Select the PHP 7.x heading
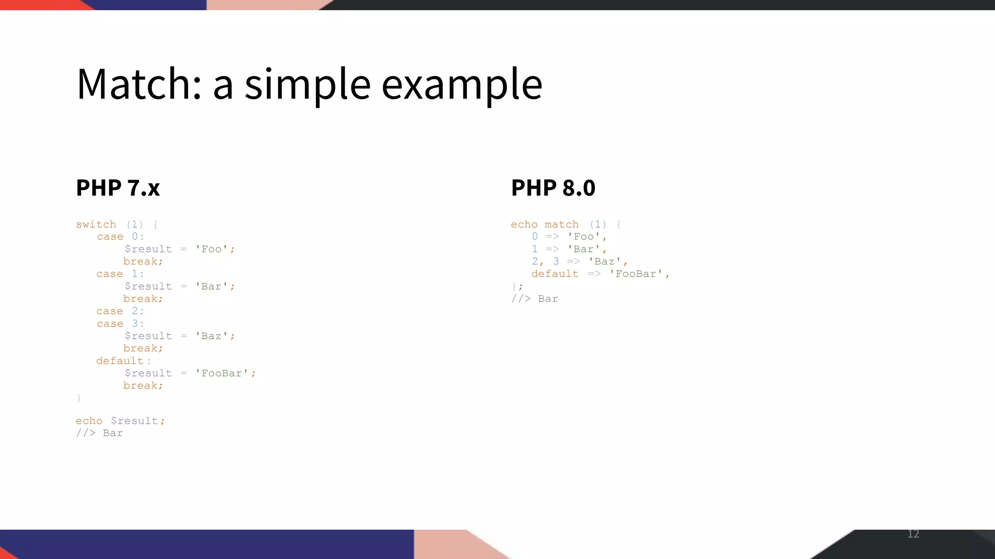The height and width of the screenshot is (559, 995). pos(118,188)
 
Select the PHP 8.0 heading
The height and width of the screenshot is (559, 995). pos(553,188)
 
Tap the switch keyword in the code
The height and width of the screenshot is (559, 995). pos(96,225)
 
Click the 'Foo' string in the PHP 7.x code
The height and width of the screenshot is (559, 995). pos(211,249)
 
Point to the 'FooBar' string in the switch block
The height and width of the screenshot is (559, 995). pos(222,374)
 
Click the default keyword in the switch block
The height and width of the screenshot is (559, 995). pos(120,361)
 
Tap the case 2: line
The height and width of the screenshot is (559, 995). pos(120,312)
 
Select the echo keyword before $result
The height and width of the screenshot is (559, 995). pos(89,421)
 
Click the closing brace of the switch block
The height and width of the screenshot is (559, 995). pos(79,398)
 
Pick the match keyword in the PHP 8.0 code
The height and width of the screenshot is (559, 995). pos(562,225)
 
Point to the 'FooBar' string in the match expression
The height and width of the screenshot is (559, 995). pos(636,274)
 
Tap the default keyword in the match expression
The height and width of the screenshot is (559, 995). pos(555,274)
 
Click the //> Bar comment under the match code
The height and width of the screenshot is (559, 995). pos(534,299)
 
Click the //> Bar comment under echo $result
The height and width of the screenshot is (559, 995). pos(99,433)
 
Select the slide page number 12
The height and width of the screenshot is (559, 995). pos(913,534)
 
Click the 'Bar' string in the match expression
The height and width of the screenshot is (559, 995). pos(584,249)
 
